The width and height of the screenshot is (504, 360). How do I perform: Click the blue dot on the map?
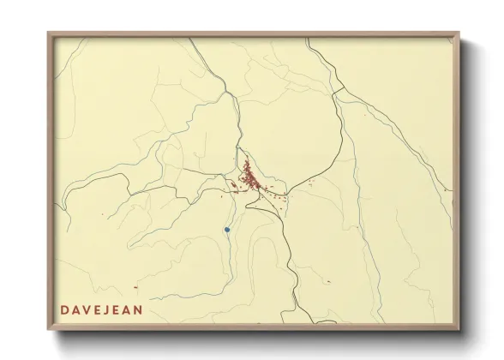(227, 230)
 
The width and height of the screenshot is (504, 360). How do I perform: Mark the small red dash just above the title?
(135, 288)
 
